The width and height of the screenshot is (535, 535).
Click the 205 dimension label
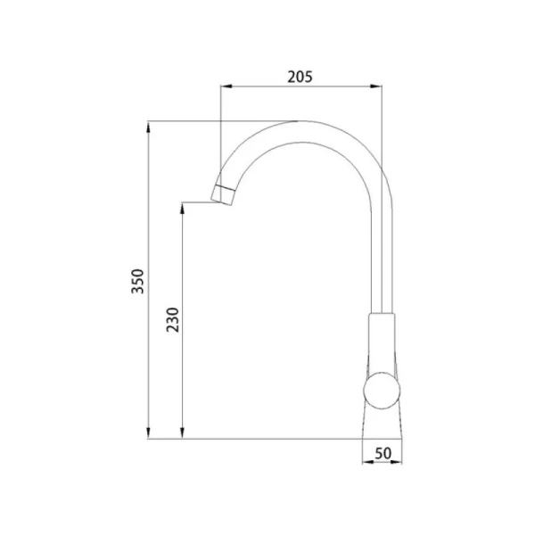pos(300,77)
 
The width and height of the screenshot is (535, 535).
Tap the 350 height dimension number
pos(138,281)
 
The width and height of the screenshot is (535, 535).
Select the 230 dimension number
pos(172,320)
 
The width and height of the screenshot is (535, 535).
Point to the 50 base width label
pos(383,454)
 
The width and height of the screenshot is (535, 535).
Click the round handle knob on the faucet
pos(382,391)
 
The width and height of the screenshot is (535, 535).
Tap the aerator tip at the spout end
pos(224,194)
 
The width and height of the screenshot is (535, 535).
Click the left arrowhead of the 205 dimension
pos(226,86)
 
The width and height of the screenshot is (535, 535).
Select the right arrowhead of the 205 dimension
pos(376,86)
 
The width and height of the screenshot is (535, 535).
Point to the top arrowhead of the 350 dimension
pos(148,128)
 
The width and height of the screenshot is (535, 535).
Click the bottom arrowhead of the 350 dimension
pos(148,432)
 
